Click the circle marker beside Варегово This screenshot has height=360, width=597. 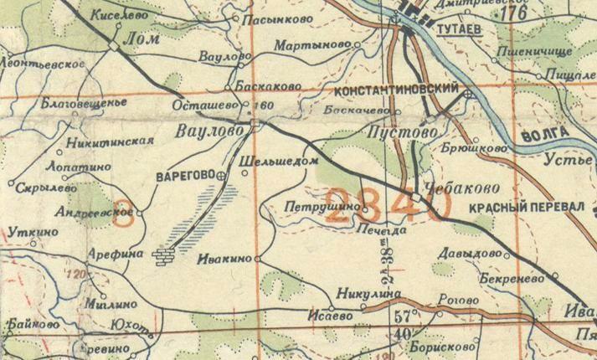221,177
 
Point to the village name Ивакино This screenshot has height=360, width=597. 223,260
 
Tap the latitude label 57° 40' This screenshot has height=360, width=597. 406,325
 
